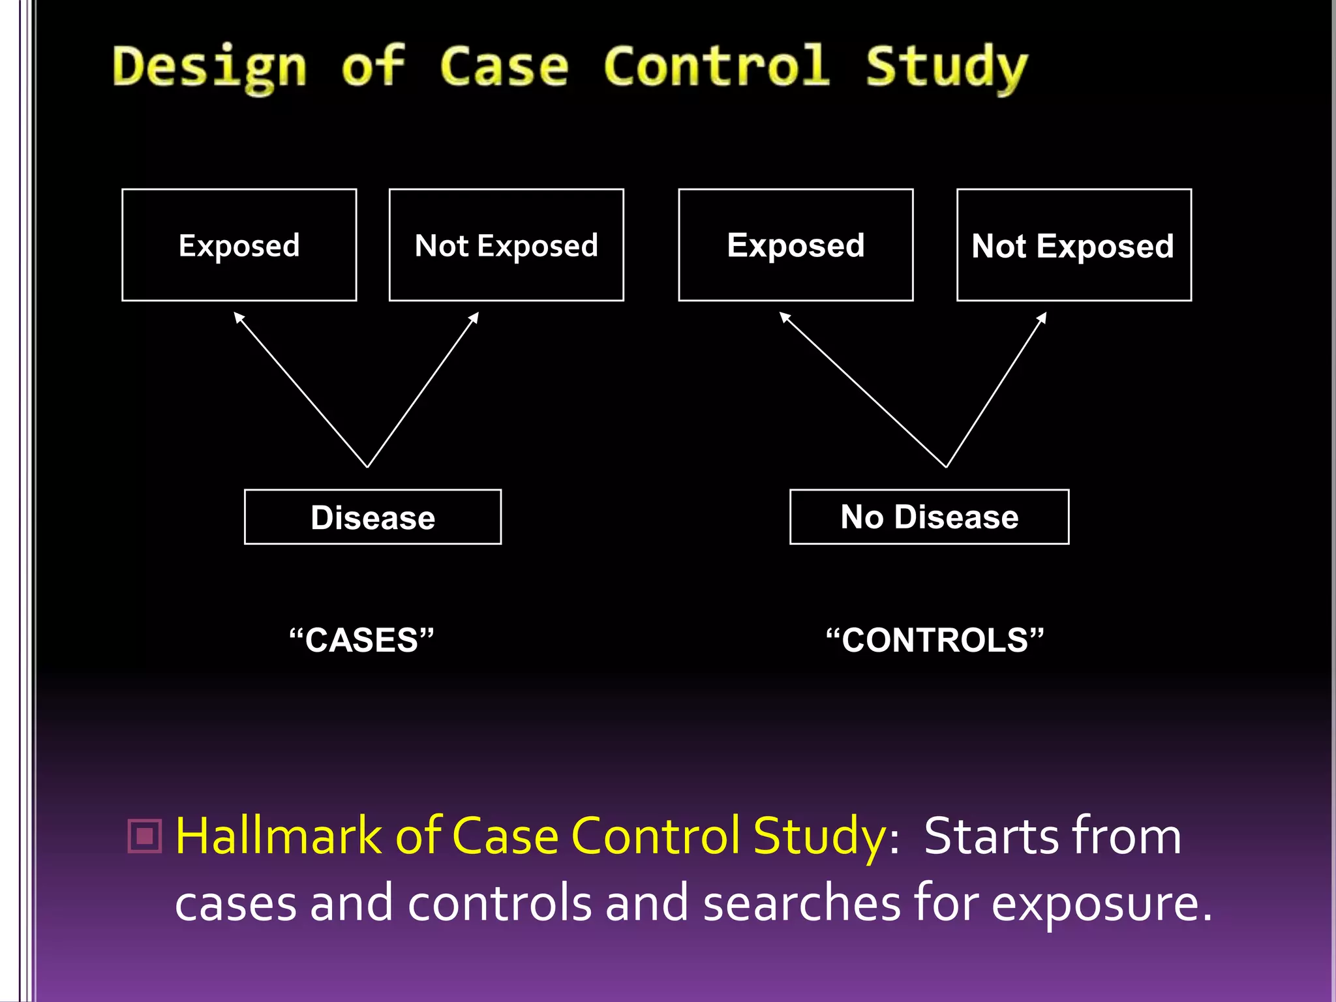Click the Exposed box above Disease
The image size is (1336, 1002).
click(239, 245)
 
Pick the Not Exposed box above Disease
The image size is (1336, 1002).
click(506, 245)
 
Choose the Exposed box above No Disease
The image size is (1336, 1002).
click(796, 245)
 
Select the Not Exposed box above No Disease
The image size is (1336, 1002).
click(1074, 245)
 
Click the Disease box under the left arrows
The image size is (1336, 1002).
click(372, 517)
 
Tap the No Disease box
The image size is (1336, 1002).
click(929, 517)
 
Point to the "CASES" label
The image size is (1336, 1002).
click(361, 640)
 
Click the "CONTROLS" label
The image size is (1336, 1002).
click(935, 640)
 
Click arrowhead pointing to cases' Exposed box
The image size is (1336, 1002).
click(238, 317)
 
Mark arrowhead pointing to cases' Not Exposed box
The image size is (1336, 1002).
click(475, 317)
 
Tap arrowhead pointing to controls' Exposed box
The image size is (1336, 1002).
click(785, 317)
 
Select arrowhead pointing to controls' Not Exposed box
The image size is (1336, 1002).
click(1042, 318)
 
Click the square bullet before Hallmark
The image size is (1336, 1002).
click(145, 836)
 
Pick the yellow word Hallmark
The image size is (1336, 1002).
click(279, 836)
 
